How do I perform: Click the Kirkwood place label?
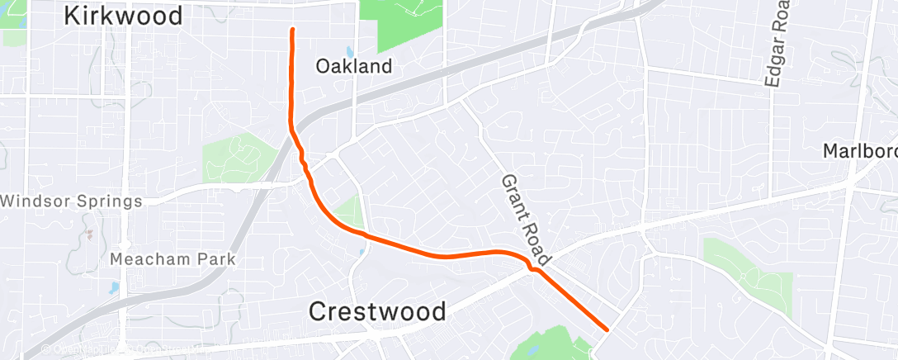(123, 15)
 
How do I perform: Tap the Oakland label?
(354, 67)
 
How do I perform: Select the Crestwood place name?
(377, 311)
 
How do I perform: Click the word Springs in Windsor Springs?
(108, 201)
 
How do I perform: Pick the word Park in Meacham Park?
(215, 260)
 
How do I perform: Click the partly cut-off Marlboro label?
(860, 153)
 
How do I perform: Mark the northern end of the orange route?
(292, 30)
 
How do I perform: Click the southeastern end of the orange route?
(607, 329)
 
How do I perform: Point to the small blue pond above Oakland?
(349, 50)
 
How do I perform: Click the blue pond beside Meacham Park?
(113, 288)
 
